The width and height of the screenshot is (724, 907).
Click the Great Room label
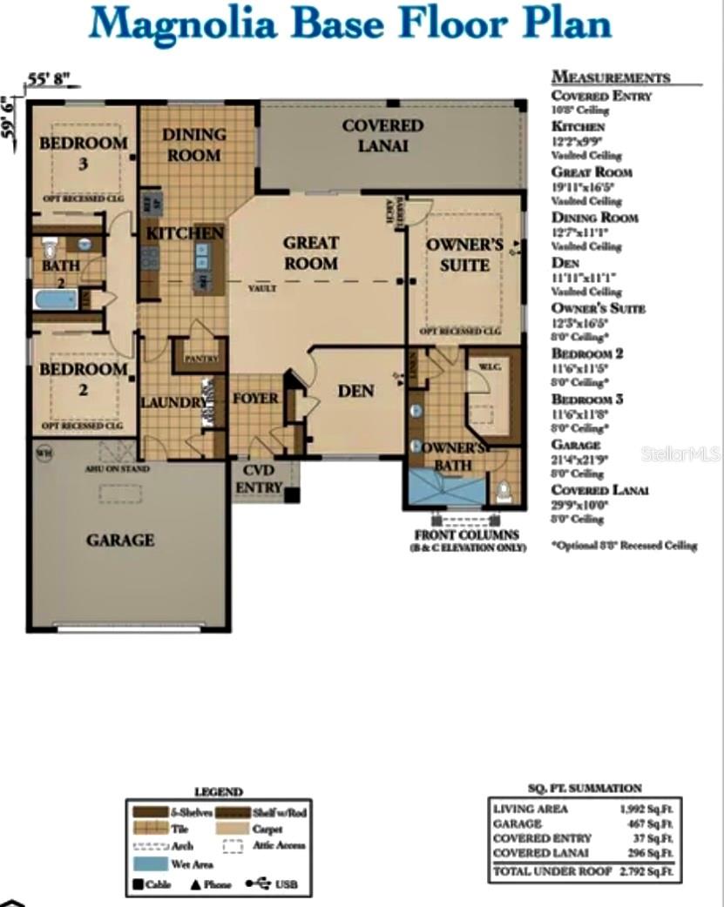coord(310,252)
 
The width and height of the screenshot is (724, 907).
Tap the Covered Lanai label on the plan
coord(382,136)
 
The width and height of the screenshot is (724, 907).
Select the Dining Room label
coord(193,144)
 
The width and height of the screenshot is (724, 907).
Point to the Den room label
coord(355,391)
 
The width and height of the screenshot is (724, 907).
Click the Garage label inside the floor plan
coord(120,540)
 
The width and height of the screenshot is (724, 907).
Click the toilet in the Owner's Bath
coord(504,494)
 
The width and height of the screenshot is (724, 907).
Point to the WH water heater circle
coord(43,452)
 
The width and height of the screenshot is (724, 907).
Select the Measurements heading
coord(611,77)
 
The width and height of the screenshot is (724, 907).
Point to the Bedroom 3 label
coord(84,151)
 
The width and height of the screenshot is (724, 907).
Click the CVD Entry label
coord(258,479)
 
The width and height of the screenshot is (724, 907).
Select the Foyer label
coord(255,399)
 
